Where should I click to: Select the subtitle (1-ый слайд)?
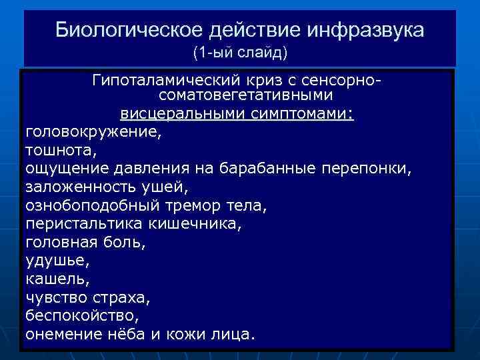click(239, 51)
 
